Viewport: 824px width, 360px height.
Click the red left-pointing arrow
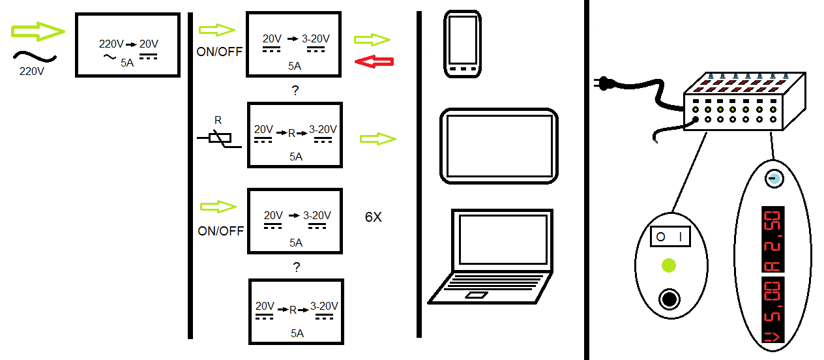point(374,61)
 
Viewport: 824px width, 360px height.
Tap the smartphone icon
point(463,44)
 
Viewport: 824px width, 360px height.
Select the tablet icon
point(499,145)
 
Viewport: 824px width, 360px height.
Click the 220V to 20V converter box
point(128,45)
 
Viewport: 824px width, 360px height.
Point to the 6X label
point(373,218)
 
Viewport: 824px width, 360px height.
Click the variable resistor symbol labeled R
point(219,139)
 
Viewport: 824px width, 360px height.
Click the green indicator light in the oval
point(668,265)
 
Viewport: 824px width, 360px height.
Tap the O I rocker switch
point(671,237)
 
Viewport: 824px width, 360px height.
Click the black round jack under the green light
point(668,299)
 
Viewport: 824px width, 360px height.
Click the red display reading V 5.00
point(772,310)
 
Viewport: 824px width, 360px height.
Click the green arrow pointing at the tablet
point(378,138)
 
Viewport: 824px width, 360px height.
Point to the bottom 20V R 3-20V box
point(296,312)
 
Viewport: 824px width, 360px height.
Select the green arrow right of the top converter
point(372,40)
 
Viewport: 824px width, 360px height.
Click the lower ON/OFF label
point(220,231)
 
